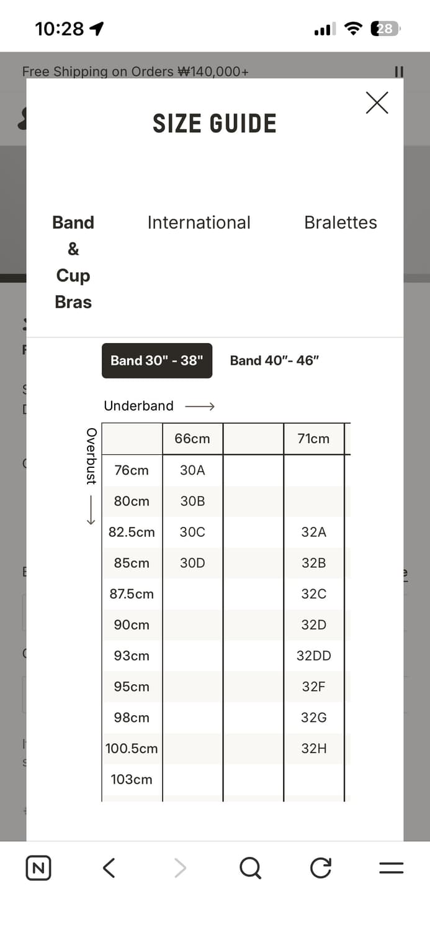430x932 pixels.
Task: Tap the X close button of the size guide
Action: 377,103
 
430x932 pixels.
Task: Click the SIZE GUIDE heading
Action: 215,124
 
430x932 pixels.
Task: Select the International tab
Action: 199,222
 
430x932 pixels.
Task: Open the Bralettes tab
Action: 340,222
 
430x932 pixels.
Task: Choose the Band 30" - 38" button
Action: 157,360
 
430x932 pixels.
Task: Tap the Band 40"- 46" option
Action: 274,360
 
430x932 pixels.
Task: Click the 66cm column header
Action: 192,439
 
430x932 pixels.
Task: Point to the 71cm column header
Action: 313,439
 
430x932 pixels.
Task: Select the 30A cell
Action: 192,470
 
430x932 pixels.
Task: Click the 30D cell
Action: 192,563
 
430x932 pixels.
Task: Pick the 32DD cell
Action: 313,656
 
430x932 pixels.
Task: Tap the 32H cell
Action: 313,749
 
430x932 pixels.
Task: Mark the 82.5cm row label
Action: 132,532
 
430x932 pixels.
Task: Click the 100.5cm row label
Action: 132,749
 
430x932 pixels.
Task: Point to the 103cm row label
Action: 132,779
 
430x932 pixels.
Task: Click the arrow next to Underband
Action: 200,406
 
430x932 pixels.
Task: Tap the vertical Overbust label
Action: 91,456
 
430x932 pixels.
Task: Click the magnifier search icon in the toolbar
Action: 250,867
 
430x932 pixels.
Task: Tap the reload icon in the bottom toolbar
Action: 321,867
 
